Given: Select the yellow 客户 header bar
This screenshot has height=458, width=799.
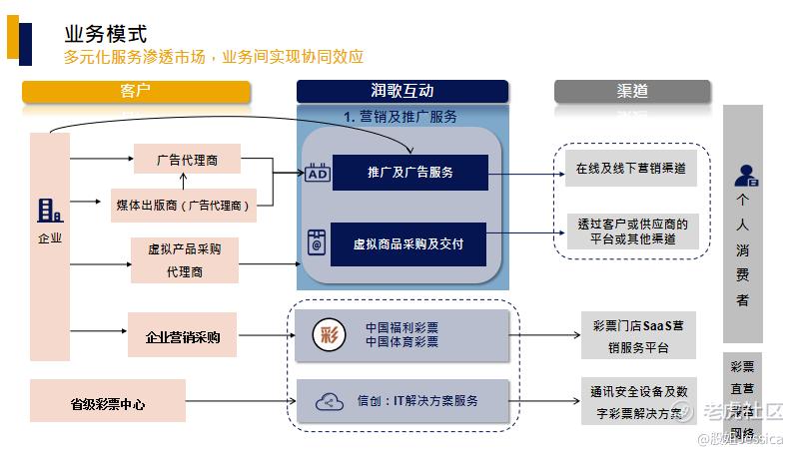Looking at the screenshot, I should [136, 92].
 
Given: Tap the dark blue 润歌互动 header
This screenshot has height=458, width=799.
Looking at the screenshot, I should [401, 92].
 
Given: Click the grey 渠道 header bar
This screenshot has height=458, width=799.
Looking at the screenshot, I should [632, 92].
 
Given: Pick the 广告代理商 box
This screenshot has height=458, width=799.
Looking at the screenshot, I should [187, 159].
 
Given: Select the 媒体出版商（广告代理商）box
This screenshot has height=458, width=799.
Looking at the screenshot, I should [184, 205].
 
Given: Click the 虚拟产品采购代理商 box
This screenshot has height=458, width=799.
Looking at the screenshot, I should [184, 259].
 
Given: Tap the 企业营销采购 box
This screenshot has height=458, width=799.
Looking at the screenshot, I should [183, 336].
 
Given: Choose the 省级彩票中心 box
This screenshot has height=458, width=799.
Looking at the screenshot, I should [108, 403].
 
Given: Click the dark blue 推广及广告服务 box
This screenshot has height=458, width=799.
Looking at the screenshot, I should [409, 173].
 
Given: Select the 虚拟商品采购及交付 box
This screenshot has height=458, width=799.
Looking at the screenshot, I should [408, 243].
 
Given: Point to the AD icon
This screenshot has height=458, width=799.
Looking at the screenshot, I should [317, 173].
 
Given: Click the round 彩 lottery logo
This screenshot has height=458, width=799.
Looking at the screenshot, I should [330, 334].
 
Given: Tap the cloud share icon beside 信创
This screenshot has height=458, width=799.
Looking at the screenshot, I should [329, 402].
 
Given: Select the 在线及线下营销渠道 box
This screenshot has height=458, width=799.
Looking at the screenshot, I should [630, 169].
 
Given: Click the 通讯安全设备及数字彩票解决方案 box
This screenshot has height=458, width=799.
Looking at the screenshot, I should [638, 401].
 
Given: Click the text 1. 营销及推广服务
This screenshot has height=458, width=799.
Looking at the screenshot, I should [400, 117].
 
